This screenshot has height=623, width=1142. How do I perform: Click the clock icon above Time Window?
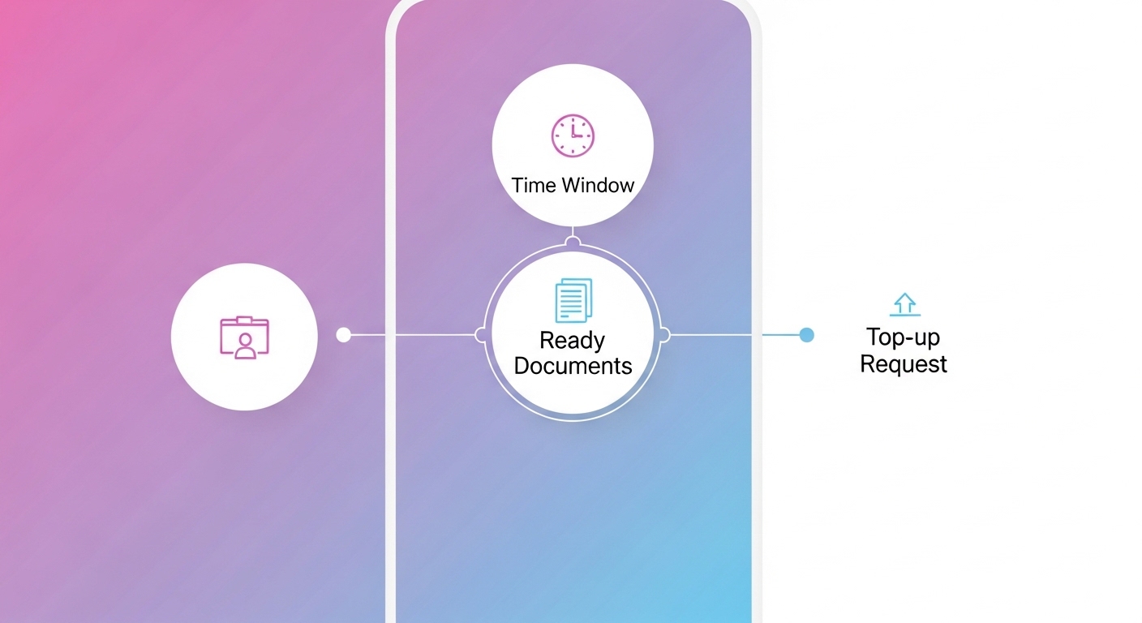pyautogui.click(x=573, y=135)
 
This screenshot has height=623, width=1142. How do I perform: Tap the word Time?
pyautogui.click(x=534, y=186)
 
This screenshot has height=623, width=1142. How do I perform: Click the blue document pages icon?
pyautogui.click(x=573, y=300)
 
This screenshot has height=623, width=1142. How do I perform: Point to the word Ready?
pyautogui.click(x=573, y=340)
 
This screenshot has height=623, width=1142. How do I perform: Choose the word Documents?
pyautogui.click(x=573, y=366)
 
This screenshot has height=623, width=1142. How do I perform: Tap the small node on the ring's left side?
pyautogui.click(x=481, y=334)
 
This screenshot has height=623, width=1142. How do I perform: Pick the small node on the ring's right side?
pyautogui.click(x=664, y=334)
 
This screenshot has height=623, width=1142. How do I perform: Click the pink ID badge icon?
pyautogui.click(x=244, y=337)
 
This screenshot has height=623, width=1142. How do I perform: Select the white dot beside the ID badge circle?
pyautogui.click(x=343, y=334)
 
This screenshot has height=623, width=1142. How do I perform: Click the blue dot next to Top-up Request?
pyautogui.click(x=806, y=334)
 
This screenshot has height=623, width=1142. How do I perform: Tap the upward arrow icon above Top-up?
pyautogui.click(x=904, y=303)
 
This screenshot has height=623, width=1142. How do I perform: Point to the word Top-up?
pyautogui.click(x=903, y=337)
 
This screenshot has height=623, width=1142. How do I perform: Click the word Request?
pyautogui.click(x=904, y=364)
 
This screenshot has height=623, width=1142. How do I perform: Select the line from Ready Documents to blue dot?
pyautogui.click(x=734, y=334)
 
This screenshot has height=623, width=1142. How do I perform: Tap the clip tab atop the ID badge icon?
pyautogui.click(x=244, y=319)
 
